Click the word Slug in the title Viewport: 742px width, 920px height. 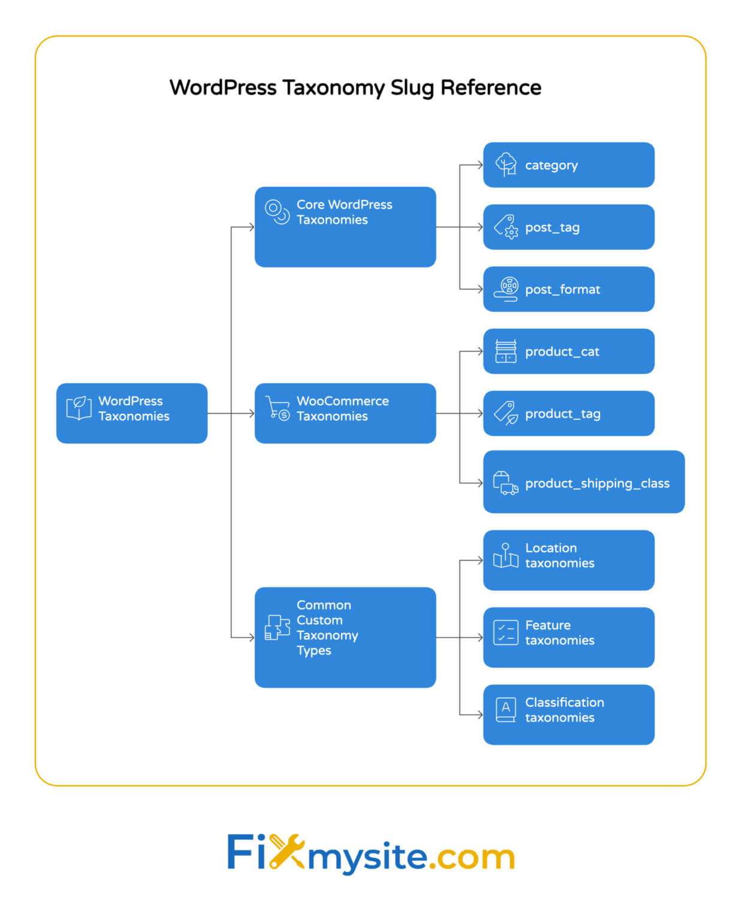[412, 88]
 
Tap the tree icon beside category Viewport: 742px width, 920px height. [506, 164]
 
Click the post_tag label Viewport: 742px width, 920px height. [552, 228]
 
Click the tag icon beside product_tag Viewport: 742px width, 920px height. [506, 413]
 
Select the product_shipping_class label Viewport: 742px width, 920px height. [597, 483]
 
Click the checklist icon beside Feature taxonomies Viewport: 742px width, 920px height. [505, 632]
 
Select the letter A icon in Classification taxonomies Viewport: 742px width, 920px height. [506, 709]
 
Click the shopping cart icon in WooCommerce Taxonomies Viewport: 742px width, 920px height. [278, 408]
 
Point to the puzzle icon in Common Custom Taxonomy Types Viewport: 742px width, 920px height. [278, 627]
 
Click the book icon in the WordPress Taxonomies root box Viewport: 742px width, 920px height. [79, 408]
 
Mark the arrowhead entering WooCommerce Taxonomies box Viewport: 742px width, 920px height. [252, 413]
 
